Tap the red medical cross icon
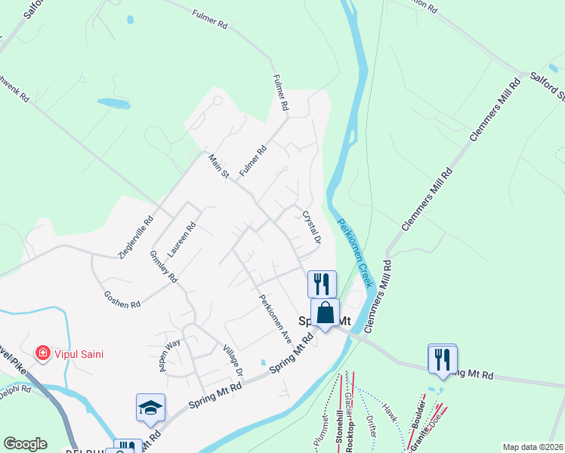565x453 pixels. point(43,353)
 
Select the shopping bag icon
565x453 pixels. point(325,312)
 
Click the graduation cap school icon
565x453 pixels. point(150,408)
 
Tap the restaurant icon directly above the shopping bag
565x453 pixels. point(322,284)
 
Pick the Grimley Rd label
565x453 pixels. point(163,267)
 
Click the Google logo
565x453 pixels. point(25,444)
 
